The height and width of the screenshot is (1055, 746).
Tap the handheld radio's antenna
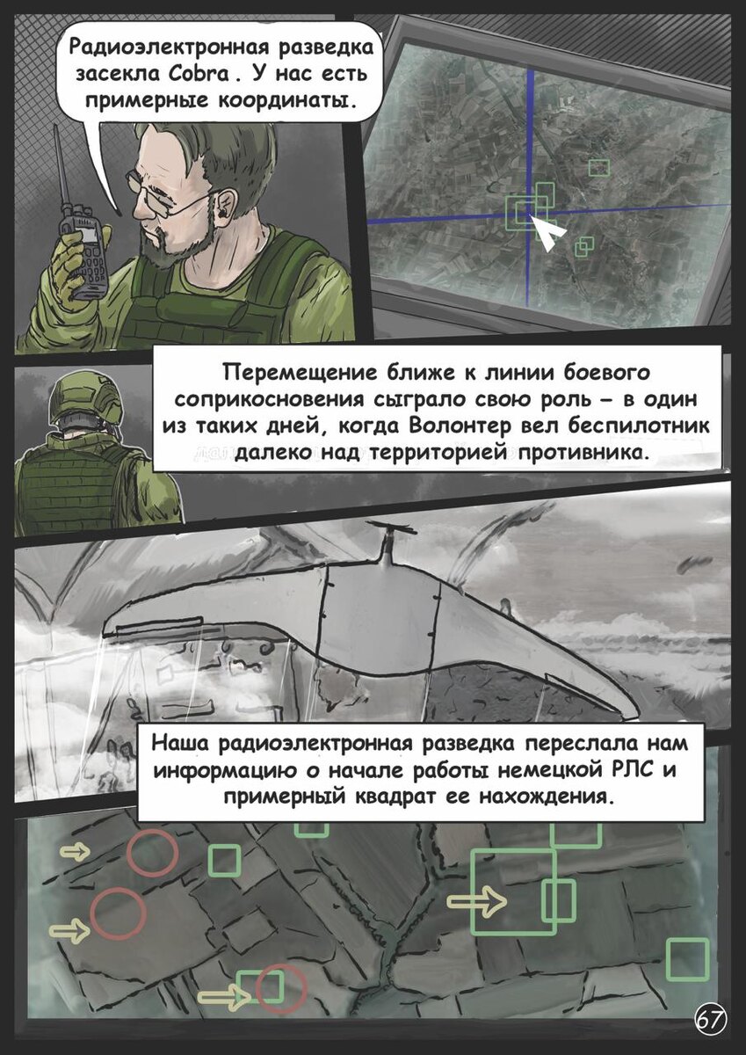[x=63, y=167]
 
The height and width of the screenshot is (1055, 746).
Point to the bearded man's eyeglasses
[x=167, y=195]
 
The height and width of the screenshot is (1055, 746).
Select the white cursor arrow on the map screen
[x=550, y=233]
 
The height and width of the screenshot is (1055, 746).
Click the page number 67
[x=710, y=1020]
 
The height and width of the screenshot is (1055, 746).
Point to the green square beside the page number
[x=687, y=959]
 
